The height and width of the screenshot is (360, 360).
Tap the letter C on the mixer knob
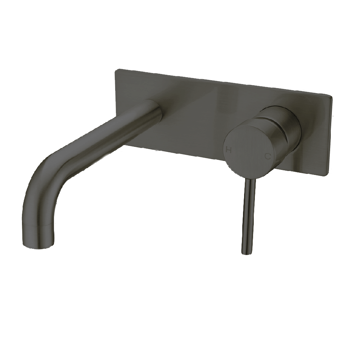pyautogui.click(x=267, y=156)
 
